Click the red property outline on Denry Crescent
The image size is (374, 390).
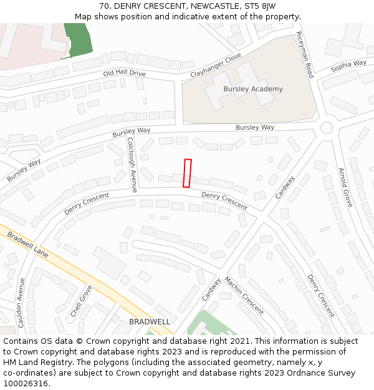[x=186, y=173]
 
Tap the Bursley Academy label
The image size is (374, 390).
[x=252, y=89]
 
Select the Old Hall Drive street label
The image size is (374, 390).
[x=124, y=74]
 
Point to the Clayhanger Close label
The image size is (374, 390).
[x=216, y=65]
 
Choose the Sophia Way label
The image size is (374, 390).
[x=348, y=64]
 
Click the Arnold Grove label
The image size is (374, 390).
[x=345, y=187]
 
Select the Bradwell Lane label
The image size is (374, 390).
[x=27, y=245]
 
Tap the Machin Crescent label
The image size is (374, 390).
[x=244, y=295]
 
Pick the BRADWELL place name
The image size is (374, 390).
[x=150, y=321]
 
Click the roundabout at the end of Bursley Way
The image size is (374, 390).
[x=327, y=128]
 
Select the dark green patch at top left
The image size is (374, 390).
[x=78, y=39]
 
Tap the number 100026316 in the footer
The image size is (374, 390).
[x=25, y=383]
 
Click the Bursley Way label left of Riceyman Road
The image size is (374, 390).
[x=254, y=127]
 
